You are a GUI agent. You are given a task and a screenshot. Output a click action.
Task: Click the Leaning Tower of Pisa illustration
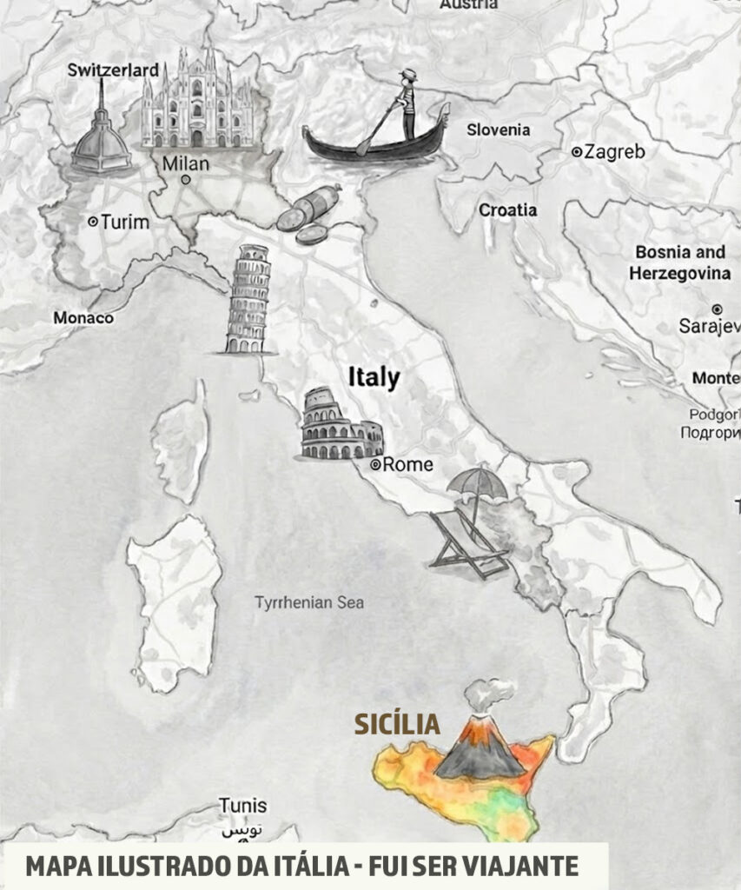pyautogui.click(x=247, y=300)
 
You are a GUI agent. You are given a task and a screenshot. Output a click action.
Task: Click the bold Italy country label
pyautogui.click(x=374, y=377)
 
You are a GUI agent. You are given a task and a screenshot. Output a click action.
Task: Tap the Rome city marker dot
pyautogui.click(x=375, y=465)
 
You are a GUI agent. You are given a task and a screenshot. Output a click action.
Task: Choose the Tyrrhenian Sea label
pyautogui.click(x=309, y=602)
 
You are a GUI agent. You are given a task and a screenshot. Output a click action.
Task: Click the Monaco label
pyautogui.click(x=83, y=318)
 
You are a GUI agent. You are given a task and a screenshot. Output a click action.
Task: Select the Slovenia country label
pyautogui.click(x=498, y=130)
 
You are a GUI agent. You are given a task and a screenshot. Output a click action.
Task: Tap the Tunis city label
pyautogui.click(x=242, y=805)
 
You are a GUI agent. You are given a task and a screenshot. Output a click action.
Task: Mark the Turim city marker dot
pyautogui.click(x=93, y=222)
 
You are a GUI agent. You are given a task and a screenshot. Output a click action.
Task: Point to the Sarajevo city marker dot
pyautogui.click(x=717, y=309)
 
